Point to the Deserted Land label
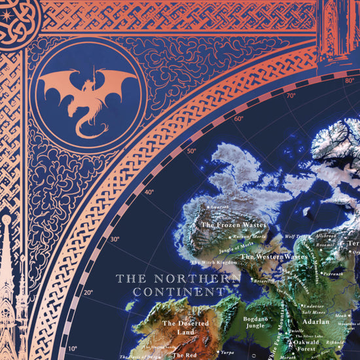(185, 327)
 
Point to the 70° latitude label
(291, 96)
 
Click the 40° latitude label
(150, 192)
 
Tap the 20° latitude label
(88, 293)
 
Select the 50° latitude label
(191, 151)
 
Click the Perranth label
(332, 274)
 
